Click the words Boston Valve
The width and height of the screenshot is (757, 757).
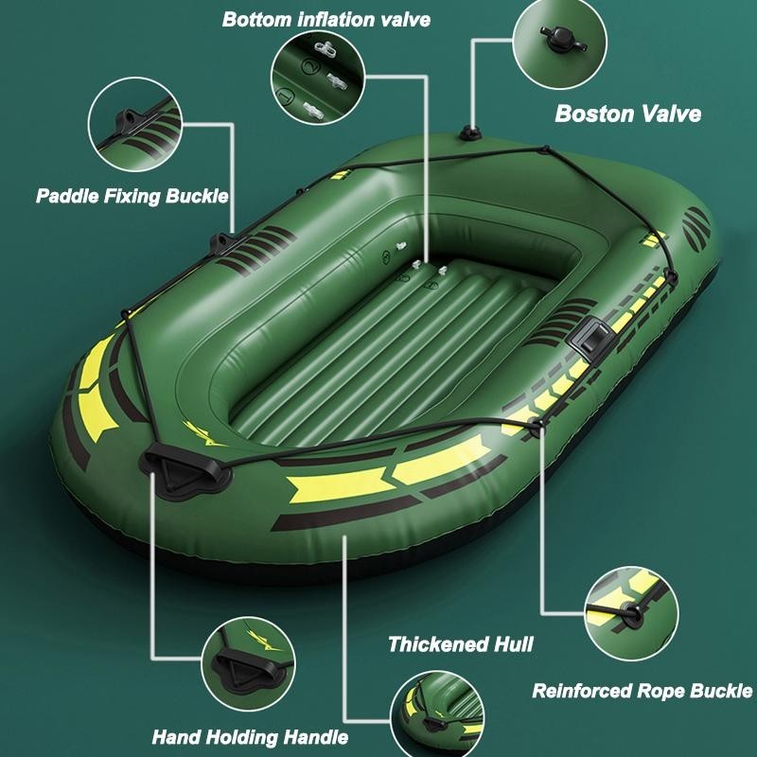click(x=628, y=114)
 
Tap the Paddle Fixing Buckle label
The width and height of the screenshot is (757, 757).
click(x=132, y=197)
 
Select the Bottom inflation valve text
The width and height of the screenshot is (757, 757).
click(x=326, y=20)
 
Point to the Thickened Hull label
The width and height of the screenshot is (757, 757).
click(x=461, y=644)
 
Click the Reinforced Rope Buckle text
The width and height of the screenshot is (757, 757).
click(x=643, y=691)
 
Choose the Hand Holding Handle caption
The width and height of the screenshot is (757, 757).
click(x=250, y=737)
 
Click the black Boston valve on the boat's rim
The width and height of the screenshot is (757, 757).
click(x=469, y=132)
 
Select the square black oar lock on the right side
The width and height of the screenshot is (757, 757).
click(x=590, y=336)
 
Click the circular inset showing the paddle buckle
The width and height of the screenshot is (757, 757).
click(x=135, y=125)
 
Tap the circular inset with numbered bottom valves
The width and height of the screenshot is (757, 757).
click(x=318, y=78)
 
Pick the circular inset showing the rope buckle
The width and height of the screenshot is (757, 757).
click(x=631, y=613)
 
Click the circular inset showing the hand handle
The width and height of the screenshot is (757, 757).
click(x=248, y=664)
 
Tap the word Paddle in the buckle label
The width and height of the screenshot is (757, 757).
click(x=67, y=197)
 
